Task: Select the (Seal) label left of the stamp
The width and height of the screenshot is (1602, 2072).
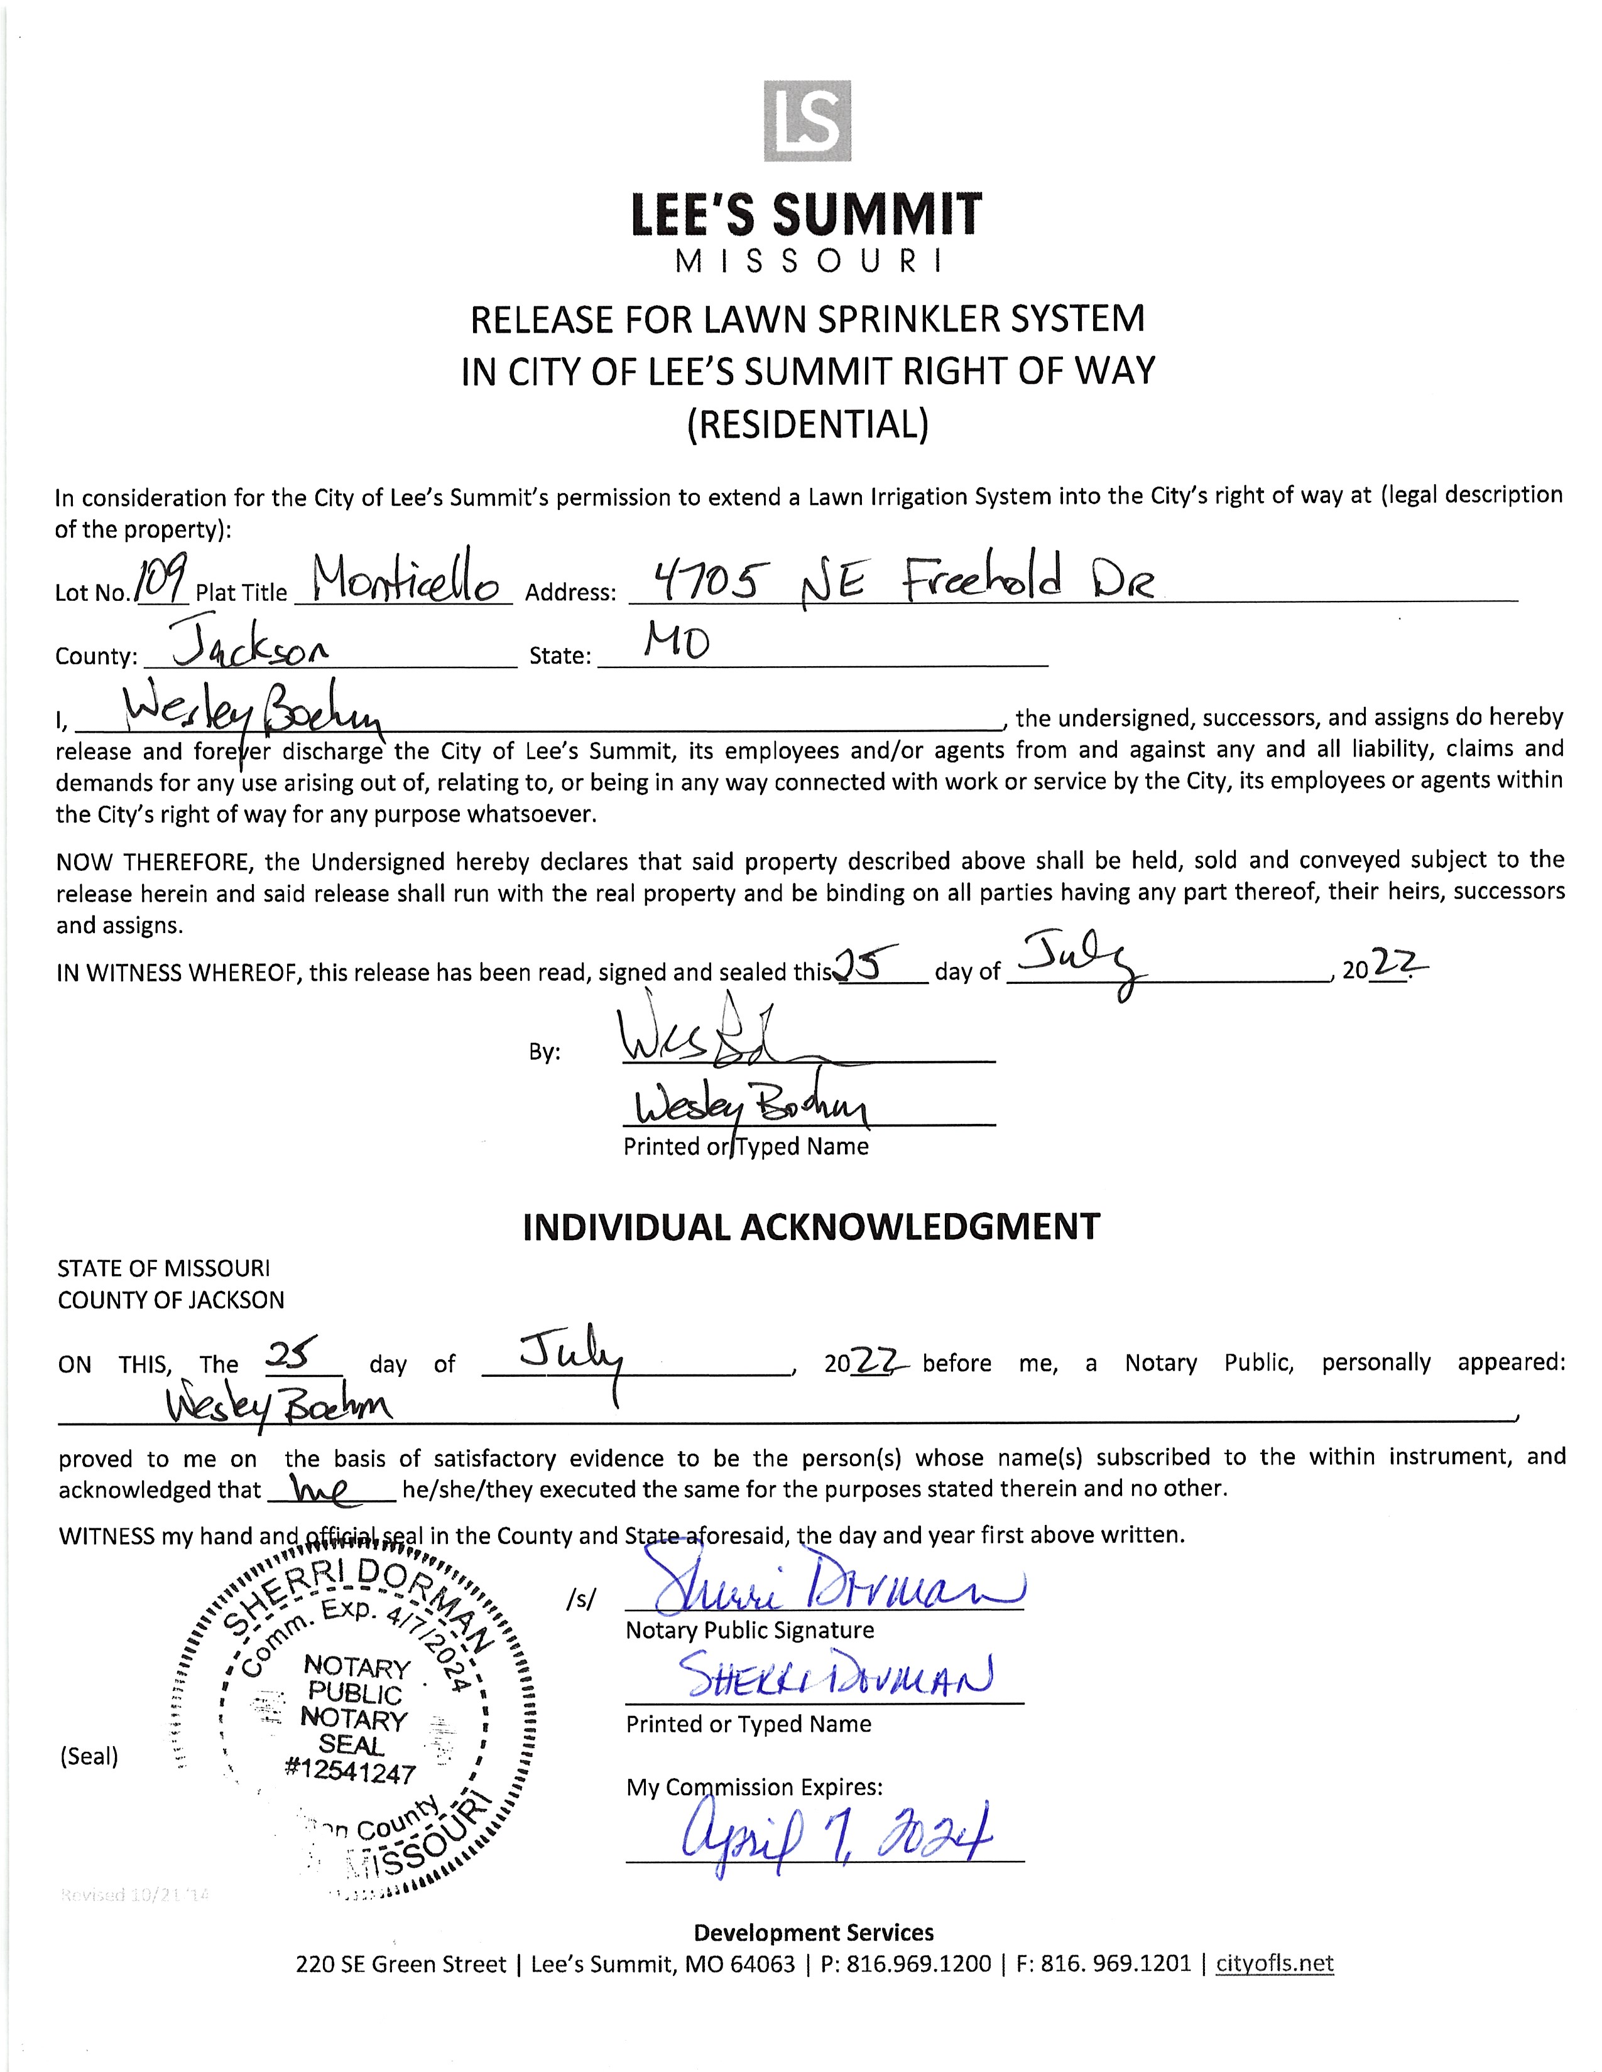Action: pyautogui.click(x=89, y=1756)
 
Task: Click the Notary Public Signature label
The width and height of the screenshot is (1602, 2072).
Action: pyautogui.click(x=749, y=1630)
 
